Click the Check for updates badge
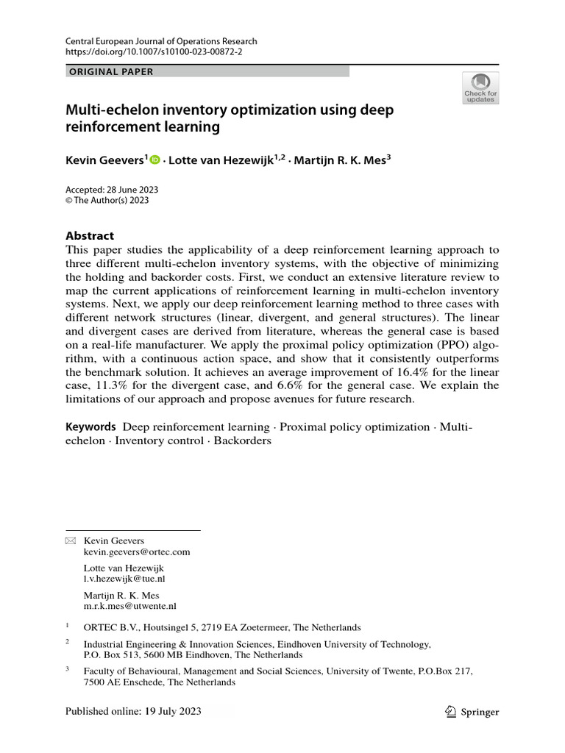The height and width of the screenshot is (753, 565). pyautogui.click(x=480, y=87)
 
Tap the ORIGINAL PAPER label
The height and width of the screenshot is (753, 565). pyautogui.click(x=111, y=71)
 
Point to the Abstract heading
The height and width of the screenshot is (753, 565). pyautogui.click(x=90, y=236)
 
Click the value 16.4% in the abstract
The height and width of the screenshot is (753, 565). pyautogui.click(x=400, y=371)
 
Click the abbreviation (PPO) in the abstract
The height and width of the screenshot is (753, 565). pyautogui.click(x=426, y=344)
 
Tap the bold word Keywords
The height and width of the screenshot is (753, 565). pyautogui.click(x=91, y=427)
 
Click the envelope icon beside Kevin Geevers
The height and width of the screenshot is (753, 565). pyautogui.click(x=71, y=540)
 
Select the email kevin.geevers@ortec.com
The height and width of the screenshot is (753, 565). pyautogui.click(x=138, y=552)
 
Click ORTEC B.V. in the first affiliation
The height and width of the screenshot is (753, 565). pyautogui.click(x=109, y=627)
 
